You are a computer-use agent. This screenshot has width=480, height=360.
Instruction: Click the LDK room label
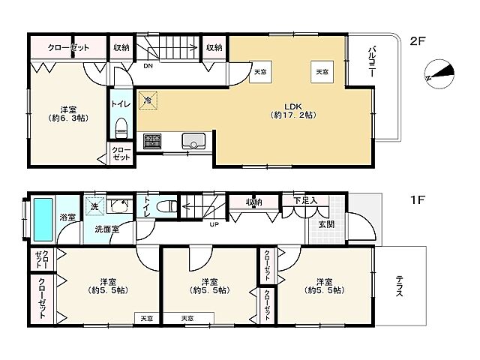[x=293, y=111]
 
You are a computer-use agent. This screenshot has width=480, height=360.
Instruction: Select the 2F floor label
[x=418, y=40]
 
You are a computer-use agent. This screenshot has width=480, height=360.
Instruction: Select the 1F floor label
[x=418, y=200]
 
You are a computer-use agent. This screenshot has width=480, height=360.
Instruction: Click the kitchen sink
[x=193, y=141]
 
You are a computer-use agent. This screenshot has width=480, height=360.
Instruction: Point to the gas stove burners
[x=152, y=141]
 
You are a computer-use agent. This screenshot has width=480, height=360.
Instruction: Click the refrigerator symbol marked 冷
[x=148, y=100]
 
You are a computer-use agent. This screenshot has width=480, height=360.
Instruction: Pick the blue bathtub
[x=43, y=219]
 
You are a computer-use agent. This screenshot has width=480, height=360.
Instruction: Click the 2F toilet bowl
[x=121, y=128]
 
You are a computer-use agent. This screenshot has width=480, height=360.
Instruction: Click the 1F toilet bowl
[x=166, y=205]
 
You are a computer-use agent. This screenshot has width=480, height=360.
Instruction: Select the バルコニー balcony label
[x=372, y=61]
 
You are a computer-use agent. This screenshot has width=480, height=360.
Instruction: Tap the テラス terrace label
[x=400, y=286]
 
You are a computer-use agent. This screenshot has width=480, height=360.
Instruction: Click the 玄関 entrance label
[x=326, y=224]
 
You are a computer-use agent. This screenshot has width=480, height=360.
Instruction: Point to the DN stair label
[x=148, y=66]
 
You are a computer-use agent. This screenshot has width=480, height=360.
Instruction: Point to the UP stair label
[x=214, y=224]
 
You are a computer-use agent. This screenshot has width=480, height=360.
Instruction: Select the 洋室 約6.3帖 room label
[x=68, y=113]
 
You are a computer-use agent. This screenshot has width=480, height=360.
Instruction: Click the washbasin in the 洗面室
[x=120, y=205]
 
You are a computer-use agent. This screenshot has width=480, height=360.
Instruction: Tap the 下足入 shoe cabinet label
[x=305, y=201]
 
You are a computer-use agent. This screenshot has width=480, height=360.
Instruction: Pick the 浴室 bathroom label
[x=67, y=217]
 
